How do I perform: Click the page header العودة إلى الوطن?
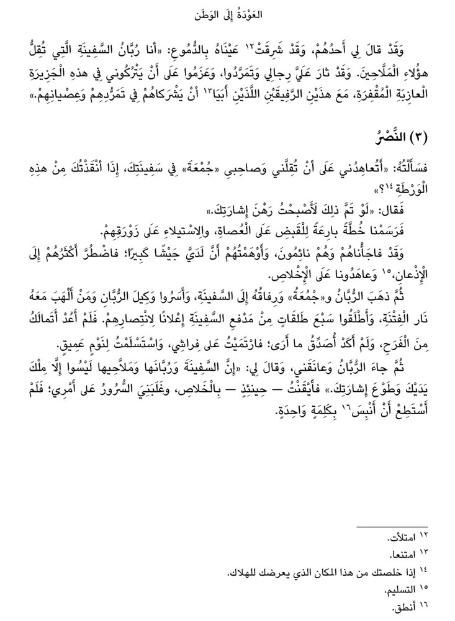pyautogui.click(x=228, y=12)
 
